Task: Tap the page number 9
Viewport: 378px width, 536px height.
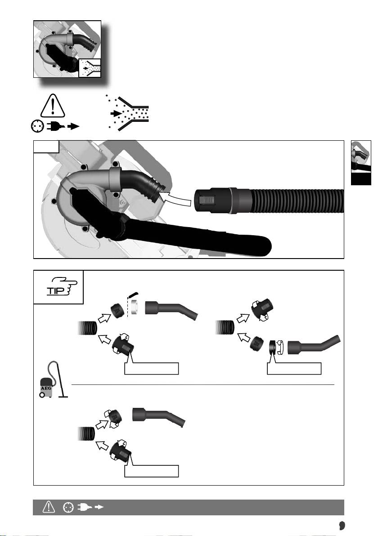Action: (342, 525)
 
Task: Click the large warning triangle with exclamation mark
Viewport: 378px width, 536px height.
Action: (53, 106)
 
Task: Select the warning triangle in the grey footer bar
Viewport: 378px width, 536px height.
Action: (49, 507)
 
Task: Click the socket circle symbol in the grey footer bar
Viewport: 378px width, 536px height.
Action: (68, 507)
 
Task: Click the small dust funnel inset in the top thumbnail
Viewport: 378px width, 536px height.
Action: (90, 68)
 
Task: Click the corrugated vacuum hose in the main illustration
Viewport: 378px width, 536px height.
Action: (297, 201)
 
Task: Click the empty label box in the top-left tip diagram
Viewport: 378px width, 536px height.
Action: (152, 369)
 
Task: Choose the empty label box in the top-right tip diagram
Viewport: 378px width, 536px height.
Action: (294, 369)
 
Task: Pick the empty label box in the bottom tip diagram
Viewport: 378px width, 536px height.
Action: (152, 471)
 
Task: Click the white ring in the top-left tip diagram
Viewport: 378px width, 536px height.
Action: (135, 307)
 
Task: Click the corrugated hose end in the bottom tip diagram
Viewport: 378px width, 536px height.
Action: (86, 433)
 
